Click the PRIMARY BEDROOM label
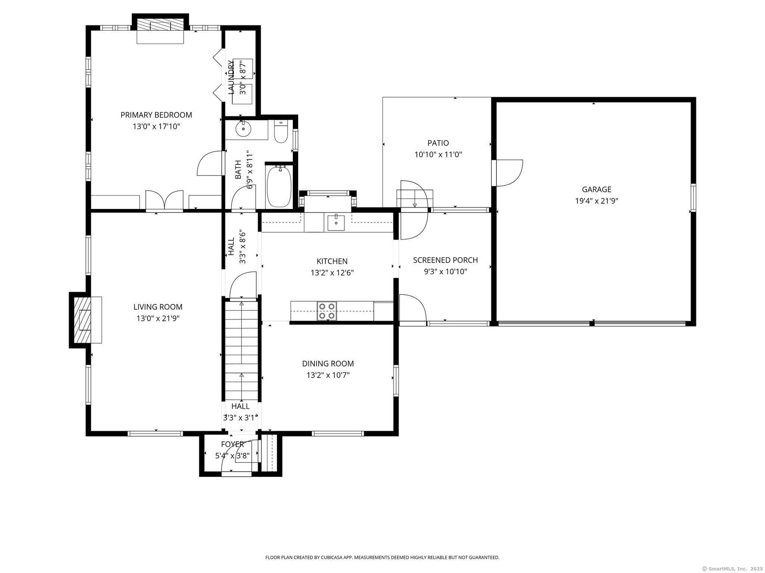click(156, 115)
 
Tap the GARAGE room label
click(596, 189)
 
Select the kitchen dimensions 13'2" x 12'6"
click(332, 273)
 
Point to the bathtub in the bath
click(279, 186)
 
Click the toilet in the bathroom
click(281, 133)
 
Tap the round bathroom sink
click(243, 129)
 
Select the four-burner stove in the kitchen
click(327, 311)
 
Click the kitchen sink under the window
click(336, 222)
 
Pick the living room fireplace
click(86, 320)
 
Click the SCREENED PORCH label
click(445, 260)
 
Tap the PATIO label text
click(438, 143)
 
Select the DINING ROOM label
click(328, 364)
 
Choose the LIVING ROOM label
click(158, 307)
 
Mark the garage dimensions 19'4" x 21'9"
click(596, 201)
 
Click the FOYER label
click(232, 444)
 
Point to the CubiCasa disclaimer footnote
click(382, 557)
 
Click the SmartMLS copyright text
click(732, 569)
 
